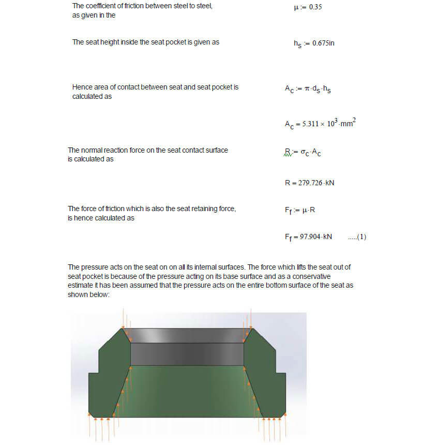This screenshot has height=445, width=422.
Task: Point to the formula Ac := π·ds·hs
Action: point(308,88)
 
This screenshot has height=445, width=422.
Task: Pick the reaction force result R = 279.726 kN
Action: point(309,183)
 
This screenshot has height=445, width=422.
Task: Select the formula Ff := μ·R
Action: point(300,211)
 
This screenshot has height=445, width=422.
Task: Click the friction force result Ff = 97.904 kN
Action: point(308,236)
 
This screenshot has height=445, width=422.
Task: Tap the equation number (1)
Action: point(357,237)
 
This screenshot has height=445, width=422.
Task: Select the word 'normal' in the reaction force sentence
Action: point(92,150)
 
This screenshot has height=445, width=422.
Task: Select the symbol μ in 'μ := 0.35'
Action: point(296,8)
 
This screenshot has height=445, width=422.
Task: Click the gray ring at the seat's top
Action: point(187,335)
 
